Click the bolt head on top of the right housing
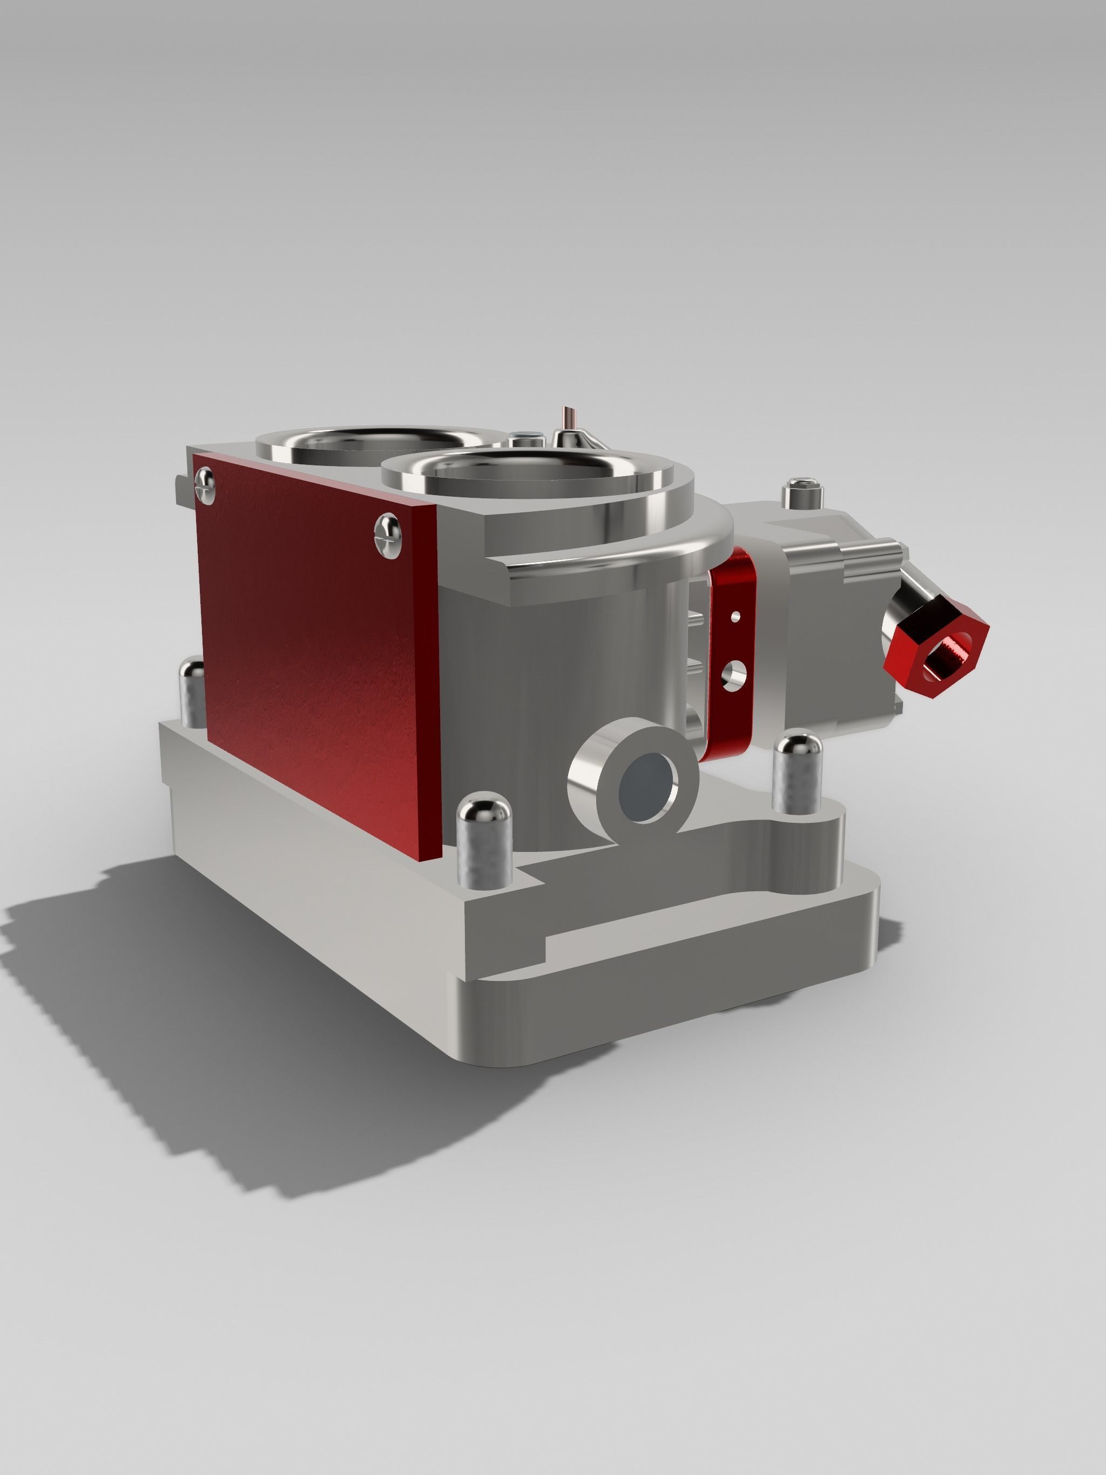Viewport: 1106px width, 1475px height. pyautogui.click(x=802, y=492)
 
